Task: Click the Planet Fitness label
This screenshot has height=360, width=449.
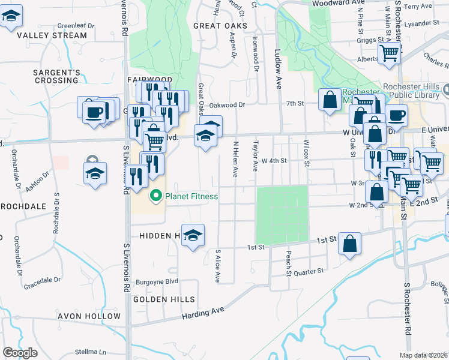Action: [191, 196]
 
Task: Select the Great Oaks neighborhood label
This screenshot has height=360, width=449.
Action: [220, 26]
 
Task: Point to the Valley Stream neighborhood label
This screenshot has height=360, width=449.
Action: [44, 35]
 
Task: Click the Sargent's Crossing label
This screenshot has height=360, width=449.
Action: [56, 76]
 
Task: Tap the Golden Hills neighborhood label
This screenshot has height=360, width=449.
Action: [164, 299]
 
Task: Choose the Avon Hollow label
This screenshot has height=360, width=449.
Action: [89, 316]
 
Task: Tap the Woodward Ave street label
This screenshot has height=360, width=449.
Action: [338, 3]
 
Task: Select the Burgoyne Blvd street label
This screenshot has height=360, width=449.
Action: [158, 281]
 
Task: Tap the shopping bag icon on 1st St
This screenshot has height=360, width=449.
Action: [349, 244]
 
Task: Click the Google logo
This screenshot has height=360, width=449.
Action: [20, 353]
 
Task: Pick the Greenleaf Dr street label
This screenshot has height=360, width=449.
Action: [76, 26]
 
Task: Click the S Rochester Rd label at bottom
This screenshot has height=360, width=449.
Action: [406, 312]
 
